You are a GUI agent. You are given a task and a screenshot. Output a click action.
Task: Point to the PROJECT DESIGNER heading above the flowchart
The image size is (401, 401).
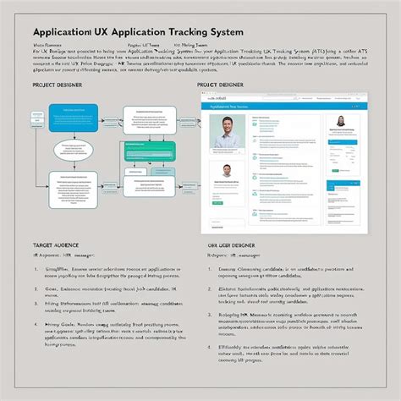pos(58,85)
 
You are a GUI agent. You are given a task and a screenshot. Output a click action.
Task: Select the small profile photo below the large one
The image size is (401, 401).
pos(227,172)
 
